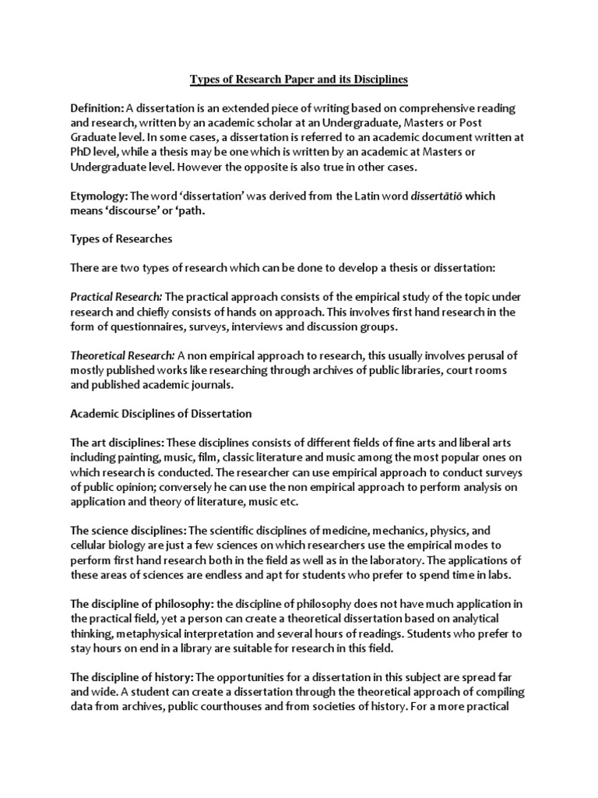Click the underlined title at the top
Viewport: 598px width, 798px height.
click(299, 79)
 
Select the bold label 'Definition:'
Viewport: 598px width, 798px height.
click(97, 108)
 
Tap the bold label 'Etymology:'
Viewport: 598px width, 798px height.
click(99, 196)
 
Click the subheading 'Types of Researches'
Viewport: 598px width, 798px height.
click(121, 239)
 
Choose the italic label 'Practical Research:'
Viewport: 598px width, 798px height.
click(116, 297)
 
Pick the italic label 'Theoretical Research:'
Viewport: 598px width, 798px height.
click(122, 355)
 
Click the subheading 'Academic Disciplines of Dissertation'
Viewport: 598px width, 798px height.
click(161, 413)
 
